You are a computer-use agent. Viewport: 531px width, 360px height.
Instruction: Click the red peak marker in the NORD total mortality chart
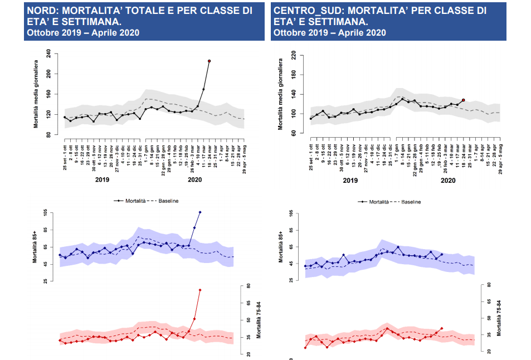[209, 61]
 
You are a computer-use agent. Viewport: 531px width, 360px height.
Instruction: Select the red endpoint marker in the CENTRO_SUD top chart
[463, 100]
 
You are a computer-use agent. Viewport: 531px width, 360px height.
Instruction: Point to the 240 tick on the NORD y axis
[48, 53]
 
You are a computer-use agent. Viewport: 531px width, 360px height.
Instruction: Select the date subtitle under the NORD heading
[83, 32]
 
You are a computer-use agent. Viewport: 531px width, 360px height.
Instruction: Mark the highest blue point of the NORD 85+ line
[200, 212]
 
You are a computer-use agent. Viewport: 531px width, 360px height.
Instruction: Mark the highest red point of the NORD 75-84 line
[200, 290]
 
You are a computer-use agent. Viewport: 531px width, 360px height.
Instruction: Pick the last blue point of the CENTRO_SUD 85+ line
[442, 254]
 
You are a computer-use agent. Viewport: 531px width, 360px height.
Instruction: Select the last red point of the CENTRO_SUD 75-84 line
[442, 328]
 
